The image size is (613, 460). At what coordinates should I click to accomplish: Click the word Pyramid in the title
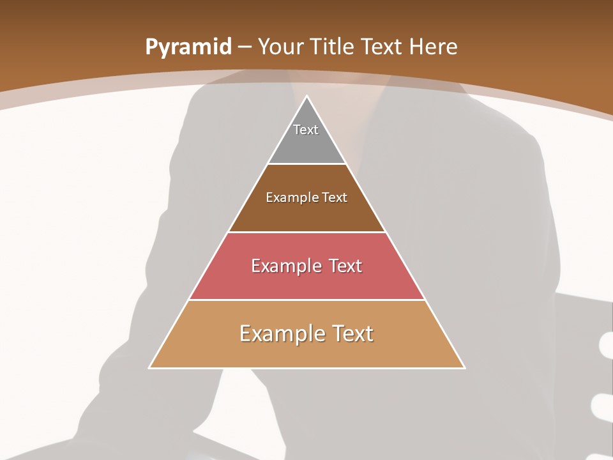click(188, 47)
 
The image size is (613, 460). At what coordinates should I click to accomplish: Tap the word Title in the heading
click(332, 47)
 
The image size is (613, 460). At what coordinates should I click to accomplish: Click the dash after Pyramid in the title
click(245, 47)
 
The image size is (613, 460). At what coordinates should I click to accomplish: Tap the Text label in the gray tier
click(306, 130)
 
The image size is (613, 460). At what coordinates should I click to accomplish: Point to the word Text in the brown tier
click(335, 198)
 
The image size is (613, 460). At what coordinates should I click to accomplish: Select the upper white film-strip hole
click(606, 345)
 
